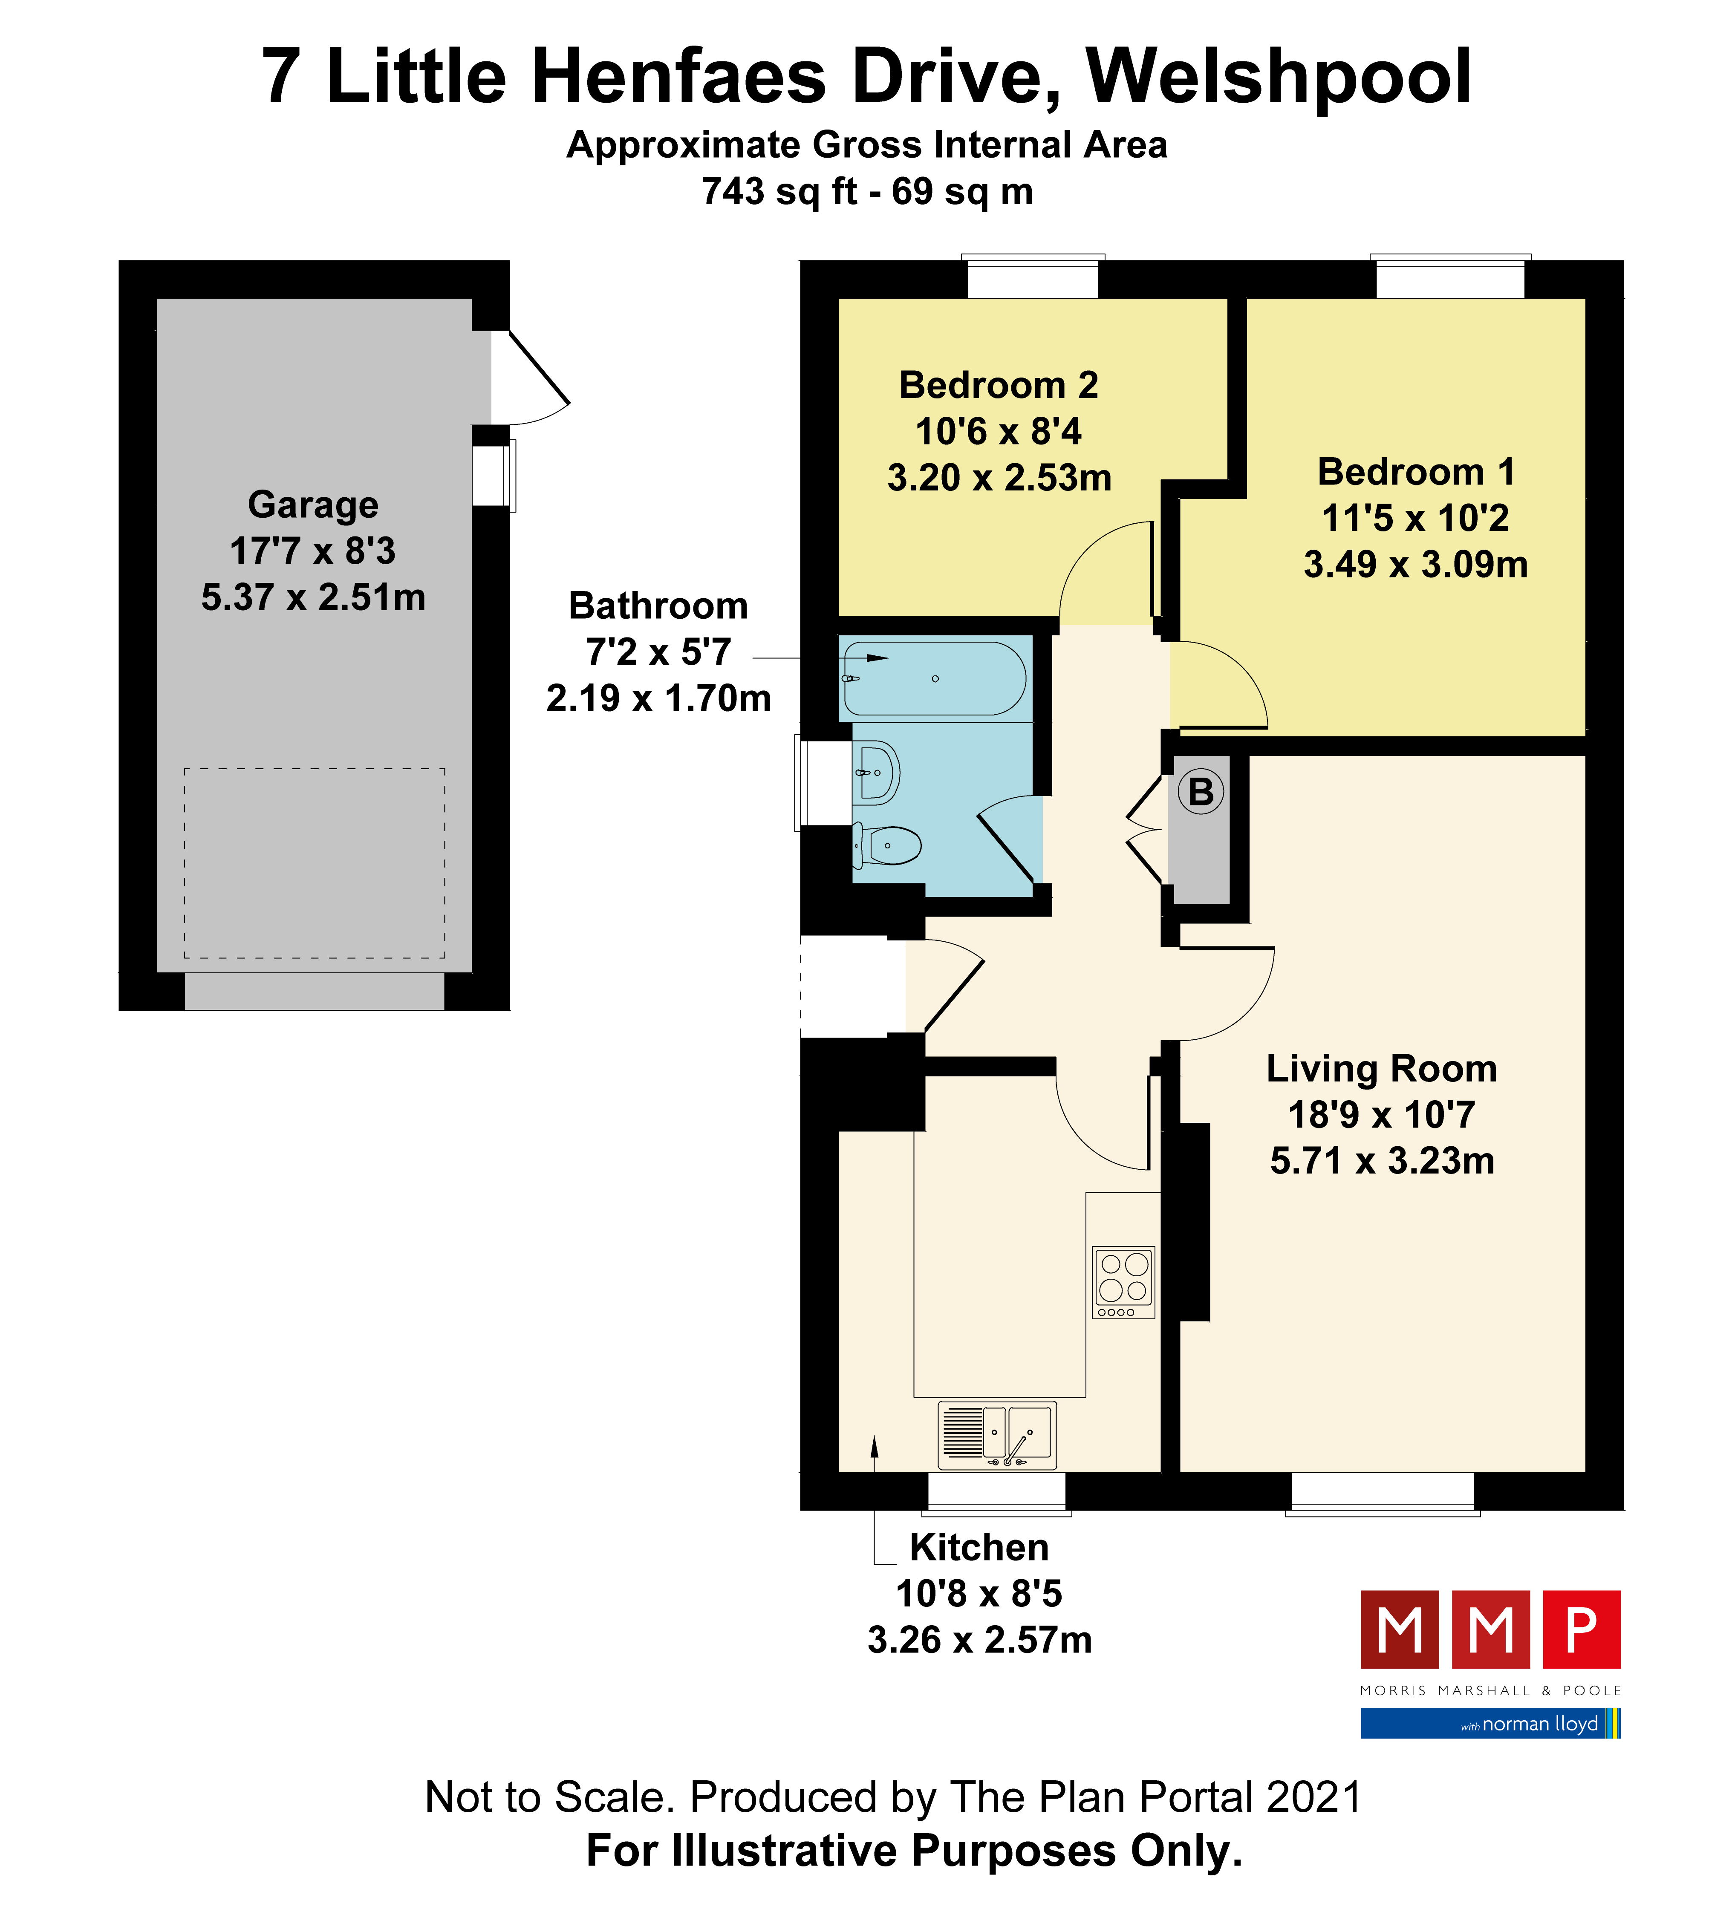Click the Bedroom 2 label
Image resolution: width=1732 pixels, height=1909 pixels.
point(998,385)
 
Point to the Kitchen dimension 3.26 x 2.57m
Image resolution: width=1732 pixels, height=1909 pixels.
point(979,1639)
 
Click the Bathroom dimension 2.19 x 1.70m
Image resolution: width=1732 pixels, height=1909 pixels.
point(658,698)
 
